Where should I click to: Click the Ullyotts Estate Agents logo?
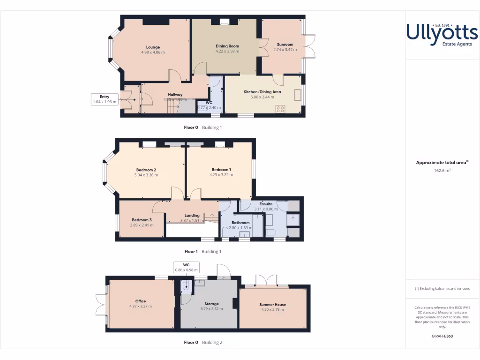442,35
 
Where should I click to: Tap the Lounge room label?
153,47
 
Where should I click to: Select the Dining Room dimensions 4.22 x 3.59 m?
227,52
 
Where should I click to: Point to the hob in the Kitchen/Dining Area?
280,109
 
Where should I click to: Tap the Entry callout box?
105,99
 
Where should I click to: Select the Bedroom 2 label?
146,170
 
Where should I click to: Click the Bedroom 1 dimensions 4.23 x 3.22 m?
221,175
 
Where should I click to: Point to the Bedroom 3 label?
142,220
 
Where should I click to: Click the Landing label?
192,216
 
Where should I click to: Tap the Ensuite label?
266,204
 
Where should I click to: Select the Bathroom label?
240,223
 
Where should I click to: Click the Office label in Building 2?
141,301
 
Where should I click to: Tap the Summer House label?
272,304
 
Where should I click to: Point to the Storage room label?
210,304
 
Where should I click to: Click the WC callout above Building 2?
186,267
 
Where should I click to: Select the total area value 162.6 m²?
442,171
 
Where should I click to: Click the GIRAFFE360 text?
442,336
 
